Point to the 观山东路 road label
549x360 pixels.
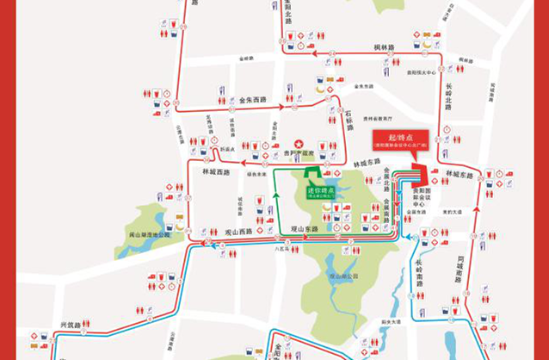pyautogui.click(x=303, y=229)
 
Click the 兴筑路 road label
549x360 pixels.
pyautogui.click(x=70, y=324)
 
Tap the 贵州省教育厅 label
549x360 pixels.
pyautogui.click(x=376, y=118)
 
